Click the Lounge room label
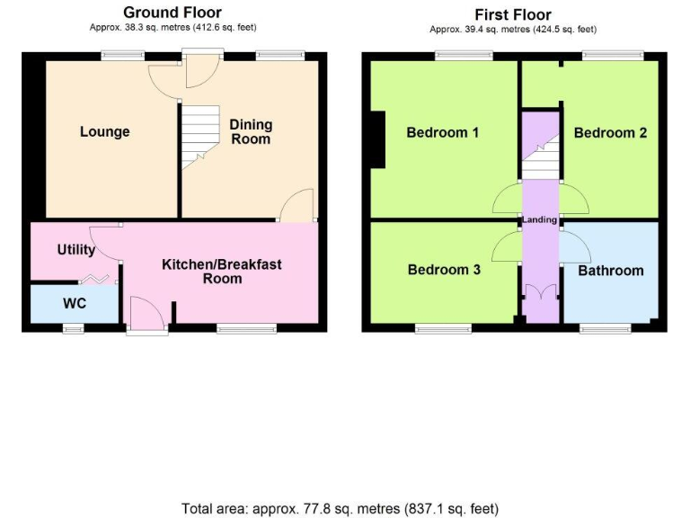104,132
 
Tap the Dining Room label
251,131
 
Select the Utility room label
76,250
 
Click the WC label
75,304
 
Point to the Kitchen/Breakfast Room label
222,271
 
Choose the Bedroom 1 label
442,133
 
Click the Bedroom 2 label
610,133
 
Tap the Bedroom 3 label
443,270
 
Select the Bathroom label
610,271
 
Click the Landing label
540,219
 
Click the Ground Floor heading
172,13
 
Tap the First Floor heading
512,14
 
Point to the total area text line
340,508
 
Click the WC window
73,329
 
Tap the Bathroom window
604,328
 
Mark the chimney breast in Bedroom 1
378,140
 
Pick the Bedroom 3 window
443,328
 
